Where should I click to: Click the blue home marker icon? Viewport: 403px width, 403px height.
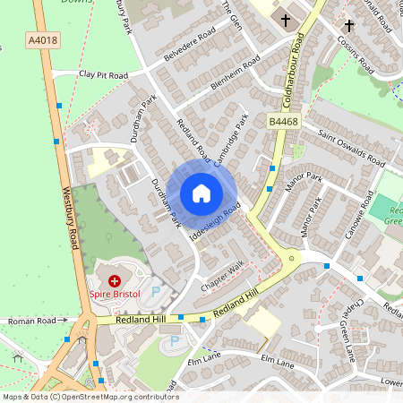click(201, 193)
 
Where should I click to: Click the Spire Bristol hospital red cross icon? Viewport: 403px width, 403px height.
click(115, 281)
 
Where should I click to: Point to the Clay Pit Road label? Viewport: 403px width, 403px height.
click(103, 75)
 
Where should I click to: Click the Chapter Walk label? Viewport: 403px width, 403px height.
click(223, 275)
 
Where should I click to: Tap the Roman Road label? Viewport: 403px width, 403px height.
click(32, 321)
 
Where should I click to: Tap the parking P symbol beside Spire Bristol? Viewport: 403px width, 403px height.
click(157, 291)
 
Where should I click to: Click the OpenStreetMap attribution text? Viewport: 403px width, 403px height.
click(90, 397)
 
